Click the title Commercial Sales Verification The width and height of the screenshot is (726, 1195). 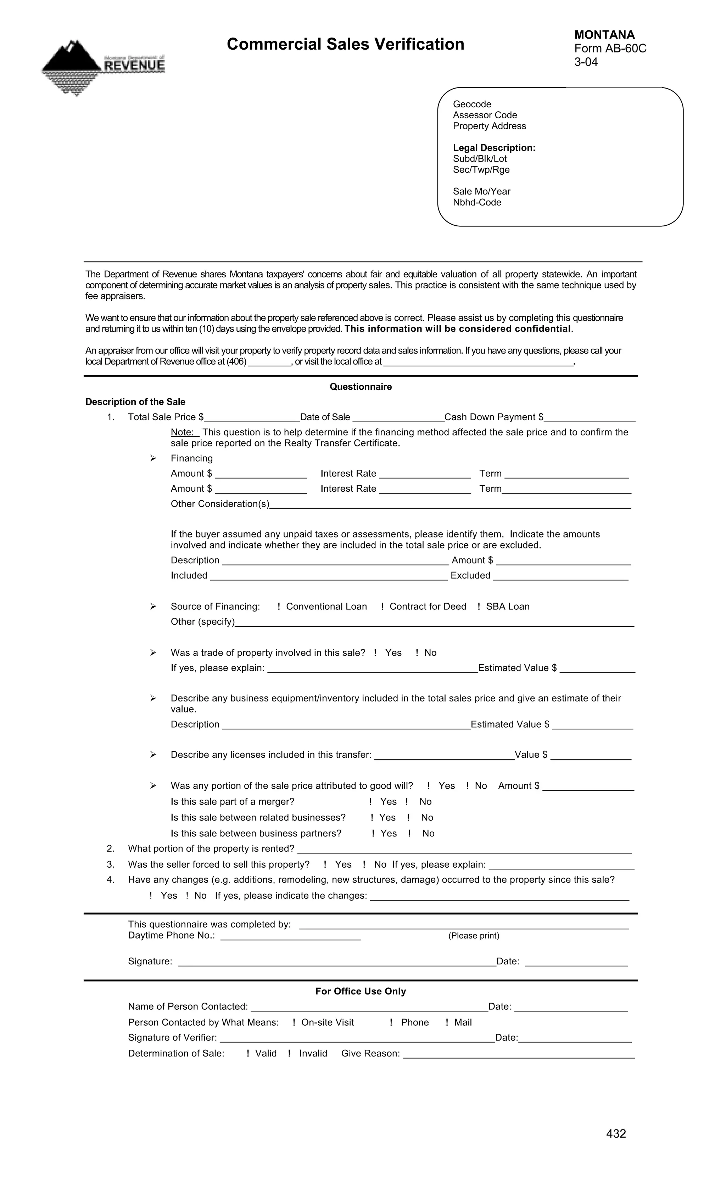(345, 44)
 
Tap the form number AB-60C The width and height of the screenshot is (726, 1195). (610, 49)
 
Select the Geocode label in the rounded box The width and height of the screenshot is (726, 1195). (472, 104)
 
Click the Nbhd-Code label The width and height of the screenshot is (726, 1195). (476, 202)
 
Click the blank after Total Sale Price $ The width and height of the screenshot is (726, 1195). (251, 418)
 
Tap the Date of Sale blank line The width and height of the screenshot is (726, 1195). (398, 418)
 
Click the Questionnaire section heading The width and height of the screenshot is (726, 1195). (360, 387)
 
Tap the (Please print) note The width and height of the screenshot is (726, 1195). (473, 936)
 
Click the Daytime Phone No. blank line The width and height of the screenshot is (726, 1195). (290, 936)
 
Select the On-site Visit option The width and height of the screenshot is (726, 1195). (294, 1022)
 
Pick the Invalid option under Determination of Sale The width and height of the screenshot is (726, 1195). (290, 1053)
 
